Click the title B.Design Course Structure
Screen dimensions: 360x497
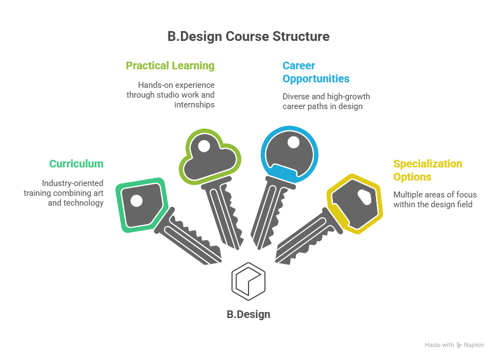248,37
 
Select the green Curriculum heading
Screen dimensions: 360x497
76,164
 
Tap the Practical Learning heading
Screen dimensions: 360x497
170,65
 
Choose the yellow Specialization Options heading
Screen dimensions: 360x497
427,170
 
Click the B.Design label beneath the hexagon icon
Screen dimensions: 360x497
248,315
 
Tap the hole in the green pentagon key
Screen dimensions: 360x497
137,201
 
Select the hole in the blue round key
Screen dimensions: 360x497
293,142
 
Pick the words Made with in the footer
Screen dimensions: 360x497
439,345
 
